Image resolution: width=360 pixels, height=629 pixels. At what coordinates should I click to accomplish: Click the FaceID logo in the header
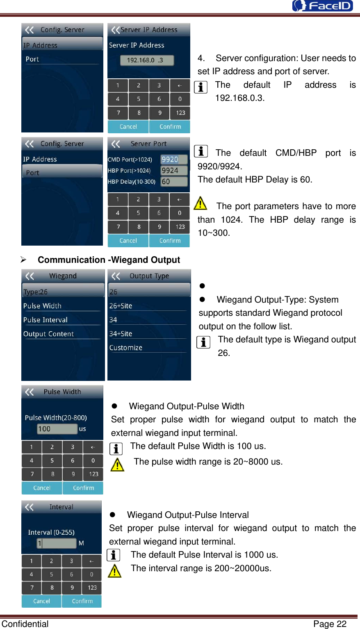coord(322,6)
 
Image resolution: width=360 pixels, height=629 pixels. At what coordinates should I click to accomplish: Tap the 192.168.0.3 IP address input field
coord(147,60)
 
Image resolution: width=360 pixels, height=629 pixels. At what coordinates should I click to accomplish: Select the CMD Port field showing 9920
coord(174,160)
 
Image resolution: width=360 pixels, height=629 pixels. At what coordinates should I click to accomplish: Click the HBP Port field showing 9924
coord(174,171)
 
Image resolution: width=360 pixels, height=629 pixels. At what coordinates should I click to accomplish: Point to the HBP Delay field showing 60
coord(174,182)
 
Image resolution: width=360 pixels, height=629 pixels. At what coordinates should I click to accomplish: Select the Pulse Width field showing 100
coord(57,429)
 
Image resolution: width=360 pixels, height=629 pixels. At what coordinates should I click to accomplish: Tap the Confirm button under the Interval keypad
coord(82,601)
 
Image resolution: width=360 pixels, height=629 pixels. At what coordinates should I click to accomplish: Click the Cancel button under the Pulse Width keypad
coord(42,488)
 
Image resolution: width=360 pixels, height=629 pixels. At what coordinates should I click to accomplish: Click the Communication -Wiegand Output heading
coord(109,260)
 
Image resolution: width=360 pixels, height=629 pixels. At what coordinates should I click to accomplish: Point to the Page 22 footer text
coord(330,624)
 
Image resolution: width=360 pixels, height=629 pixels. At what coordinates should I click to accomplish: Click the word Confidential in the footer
coord(25,624)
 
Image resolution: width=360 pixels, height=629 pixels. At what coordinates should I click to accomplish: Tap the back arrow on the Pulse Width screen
coord(30,392)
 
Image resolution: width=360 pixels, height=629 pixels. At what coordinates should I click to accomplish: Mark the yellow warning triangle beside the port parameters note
coord(200,203)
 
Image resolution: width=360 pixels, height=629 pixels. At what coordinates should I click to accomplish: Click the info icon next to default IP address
coord(201,87)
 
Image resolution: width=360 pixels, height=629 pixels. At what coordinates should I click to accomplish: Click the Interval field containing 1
coord(57,543)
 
